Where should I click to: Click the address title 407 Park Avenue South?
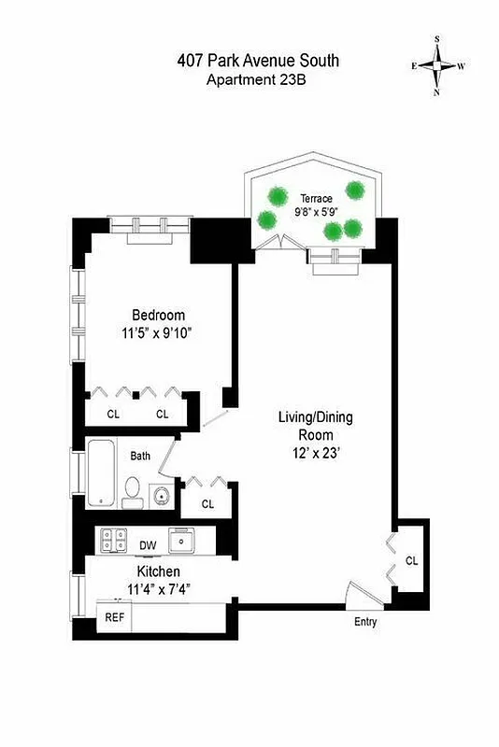[258, 62]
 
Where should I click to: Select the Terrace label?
[317, 199]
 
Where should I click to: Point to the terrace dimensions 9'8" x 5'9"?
[317, 213]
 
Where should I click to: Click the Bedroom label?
[157, 315]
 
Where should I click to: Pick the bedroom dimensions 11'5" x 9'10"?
[157, 332]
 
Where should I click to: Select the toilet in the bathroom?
[133, 491]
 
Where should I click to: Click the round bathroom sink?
[161, 494]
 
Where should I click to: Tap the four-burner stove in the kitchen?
[114, 539]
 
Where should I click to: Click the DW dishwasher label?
[148, 545]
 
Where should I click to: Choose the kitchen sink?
[180, 539]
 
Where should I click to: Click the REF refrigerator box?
[114, 617]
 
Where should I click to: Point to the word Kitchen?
[153, 571]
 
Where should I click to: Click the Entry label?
[365, 622]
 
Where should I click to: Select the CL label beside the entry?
[411, 560]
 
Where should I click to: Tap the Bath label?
[140, 457]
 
